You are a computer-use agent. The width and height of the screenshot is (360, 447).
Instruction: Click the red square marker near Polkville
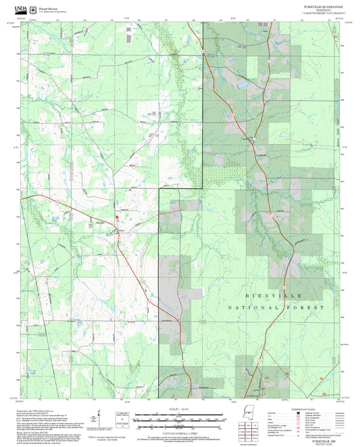point(116,217)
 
